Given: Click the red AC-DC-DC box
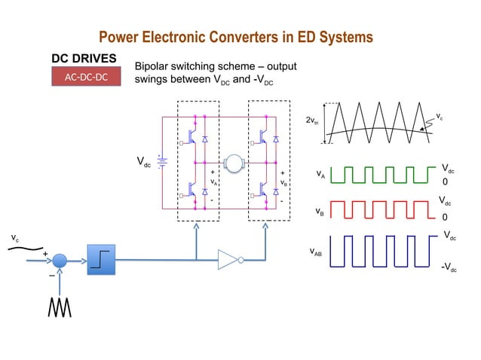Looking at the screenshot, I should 86,77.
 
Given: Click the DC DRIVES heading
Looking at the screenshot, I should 84,58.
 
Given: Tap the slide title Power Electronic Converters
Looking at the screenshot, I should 236,37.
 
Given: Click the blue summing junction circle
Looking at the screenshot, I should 60,260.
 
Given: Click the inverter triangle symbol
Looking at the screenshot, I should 228,260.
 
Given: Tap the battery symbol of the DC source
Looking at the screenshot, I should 161,161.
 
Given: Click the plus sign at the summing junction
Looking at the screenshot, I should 45,254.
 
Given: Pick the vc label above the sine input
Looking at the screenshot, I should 15,238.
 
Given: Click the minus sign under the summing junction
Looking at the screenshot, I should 51,275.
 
